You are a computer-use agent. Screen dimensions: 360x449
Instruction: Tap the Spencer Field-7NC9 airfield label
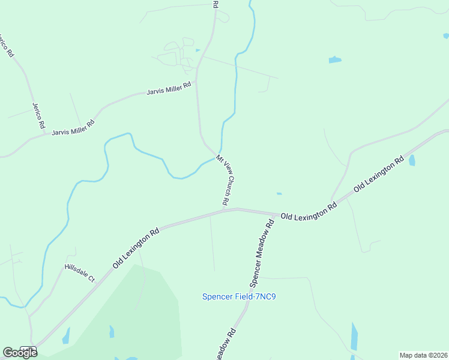click(243, 296)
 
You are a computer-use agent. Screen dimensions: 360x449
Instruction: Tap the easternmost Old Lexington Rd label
click(378, 175)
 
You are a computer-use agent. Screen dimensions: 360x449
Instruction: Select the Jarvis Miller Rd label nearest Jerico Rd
click(73, 128)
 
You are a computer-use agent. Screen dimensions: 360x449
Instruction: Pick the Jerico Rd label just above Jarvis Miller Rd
click(38, 116)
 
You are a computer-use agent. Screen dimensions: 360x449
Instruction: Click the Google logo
click(20, 352)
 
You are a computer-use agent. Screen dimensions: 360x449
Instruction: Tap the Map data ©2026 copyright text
click(424, 355)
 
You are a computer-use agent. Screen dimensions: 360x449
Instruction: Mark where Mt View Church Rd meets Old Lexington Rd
click(236, 209)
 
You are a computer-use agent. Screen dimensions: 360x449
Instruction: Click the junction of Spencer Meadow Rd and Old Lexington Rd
click(277, 214)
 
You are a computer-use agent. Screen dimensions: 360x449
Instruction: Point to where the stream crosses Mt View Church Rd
click(218, 154)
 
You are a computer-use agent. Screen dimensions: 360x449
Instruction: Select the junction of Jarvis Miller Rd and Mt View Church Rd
click(197, 83)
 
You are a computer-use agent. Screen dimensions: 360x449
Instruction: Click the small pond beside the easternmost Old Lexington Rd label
click(412, 160)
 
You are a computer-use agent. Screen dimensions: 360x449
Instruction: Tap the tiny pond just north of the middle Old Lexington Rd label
click(279, 193)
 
